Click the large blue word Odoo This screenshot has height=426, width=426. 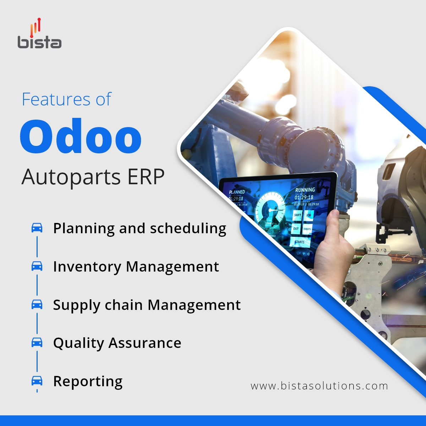[x=81, y=136]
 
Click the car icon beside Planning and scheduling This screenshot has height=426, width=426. [x=37, y=228]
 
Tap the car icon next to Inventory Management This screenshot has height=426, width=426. [x=37, y=266]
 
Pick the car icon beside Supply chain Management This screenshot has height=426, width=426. [x=37, y=304]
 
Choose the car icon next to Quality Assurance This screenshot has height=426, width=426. [x=37, y=342]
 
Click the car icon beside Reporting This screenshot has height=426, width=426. [x=37, y=381]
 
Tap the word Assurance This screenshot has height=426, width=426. [x=145, y=343]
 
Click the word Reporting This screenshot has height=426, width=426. [x=88, y=382]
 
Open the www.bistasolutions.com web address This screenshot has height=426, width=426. [x=319, y=386]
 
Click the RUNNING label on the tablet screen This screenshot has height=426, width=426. [x=305, y=190]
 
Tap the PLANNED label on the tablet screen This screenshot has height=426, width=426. [x=237, y=192]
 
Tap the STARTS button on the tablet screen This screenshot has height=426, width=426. [x=300, y=242]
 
